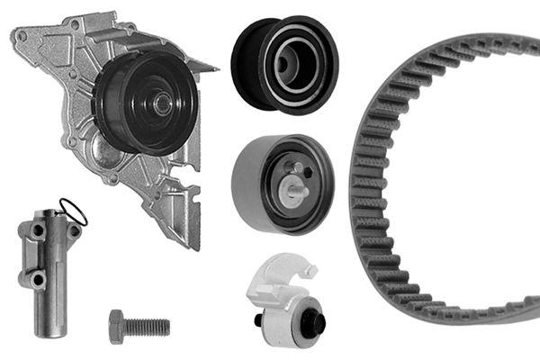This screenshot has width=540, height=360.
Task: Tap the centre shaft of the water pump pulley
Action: pyautogui.click(x=162, y=103)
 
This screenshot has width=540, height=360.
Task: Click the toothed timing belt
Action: pyautogui.click(x=378, y=180)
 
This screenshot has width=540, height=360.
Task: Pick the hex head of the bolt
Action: pyautogui.click(x=117, y=326)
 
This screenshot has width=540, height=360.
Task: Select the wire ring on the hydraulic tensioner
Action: pyautogui.click(x=75, y=211)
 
